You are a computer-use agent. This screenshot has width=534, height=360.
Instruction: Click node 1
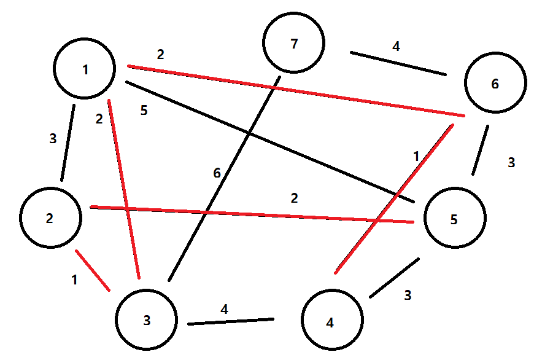[84, 69]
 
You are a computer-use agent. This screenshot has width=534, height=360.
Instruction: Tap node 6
[495, 83]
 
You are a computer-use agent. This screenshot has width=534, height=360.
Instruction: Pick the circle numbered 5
[454, 218]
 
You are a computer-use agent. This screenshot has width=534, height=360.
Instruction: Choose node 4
[331, 321]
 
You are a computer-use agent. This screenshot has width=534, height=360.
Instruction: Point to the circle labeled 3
[146, 320]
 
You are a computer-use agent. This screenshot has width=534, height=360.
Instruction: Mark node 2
[50, 217]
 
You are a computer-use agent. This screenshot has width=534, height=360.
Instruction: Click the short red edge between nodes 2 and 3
[93, 270]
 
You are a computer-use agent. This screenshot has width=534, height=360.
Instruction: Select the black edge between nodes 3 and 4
[230, 321]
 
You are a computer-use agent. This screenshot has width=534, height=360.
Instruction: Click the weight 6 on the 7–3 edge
[217, 173]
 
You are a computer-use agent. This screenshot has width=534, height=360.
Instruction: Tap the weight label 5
[144, 111]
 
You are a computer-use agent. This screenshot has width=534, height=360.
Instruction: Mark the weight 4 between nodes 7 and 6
[397, 45]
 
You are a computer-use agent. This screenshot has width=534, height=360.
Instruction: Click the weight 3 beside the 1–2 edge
[53, 138]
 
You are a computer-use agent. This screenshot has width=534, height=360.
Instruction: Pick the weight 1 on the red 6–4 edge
[417, 156]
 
